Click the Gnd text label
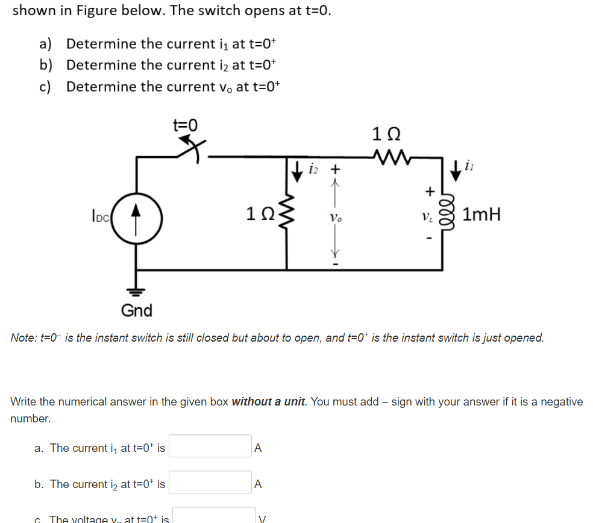[x=137, y=310]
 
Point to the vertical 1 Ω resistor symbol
[x=288, y=215]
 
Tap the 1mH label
[x=483, y=215]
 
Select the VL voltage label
[x=427, y=215]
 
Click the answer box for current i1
[x=210, y=446]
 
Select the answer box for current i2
[x=210, y=483]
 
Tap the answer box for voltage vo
[x=214, y=516]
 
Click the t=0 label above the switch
[x=185, y=125]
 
